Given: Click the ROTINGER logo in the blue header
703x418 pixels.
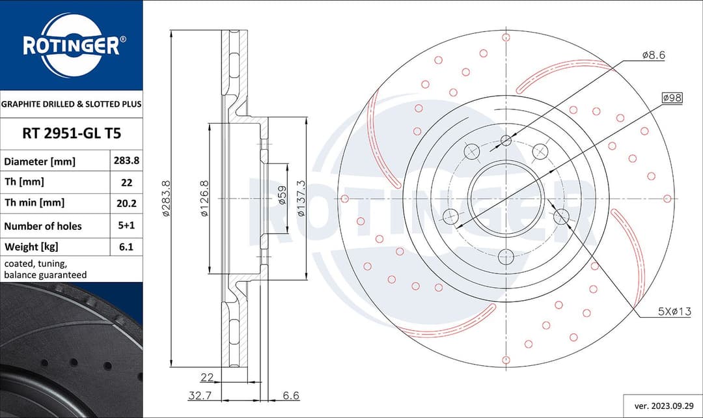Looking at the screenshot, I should pyautogui.click(x=71, y=46).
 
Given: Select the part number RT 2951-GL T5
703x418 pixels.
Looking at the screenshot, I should pyautogui.click(x=72, y=133).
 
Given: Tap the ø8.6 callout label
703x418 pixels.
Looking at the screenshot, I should pyautogui.click(x=653, y=56).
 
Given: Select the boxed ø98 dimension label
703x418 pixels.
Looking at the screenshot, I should pyautogui.click(x=671, y=97).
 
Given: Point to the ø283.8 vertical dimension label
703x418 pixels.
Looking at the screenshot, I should pyautogui.click(x=166, y=198).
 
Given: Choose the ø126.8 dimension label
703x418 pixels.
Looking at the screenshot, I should pyautogui.click(x=204, y=198).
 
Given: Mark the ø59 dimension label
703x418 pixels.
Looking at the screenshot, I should pyautogui.click(x=282, y=195).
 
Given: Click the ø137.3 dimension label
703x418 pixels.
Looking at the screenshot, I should pyautogui.click(x=301, y=198).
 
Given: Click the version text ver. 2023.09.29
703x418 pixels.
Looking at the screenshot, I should pyautogui.click(x=662, y=405).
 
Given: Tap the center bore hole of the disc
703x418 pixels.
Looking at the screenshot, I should pyautogui.click(x=506, y=198).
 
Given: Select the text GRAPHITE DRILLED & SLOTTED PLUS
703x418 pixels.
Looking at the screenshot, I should pyautogui.click(x=72, y=104).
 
